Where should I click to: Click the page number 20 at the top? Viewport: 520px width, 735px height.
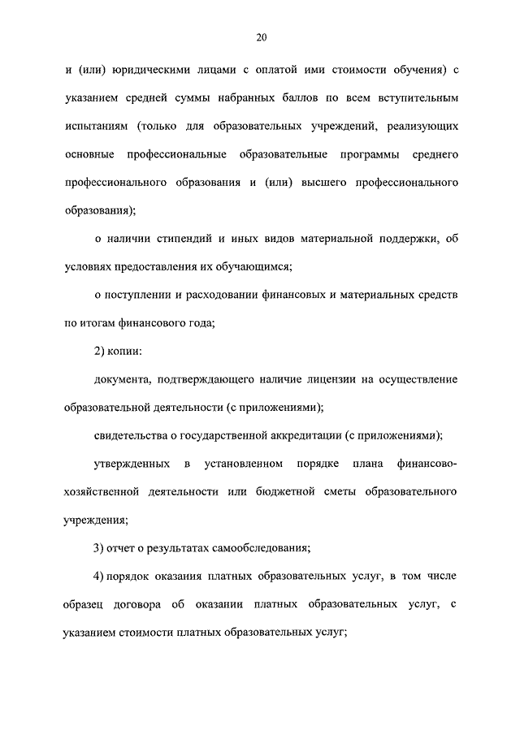point(260,37)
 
